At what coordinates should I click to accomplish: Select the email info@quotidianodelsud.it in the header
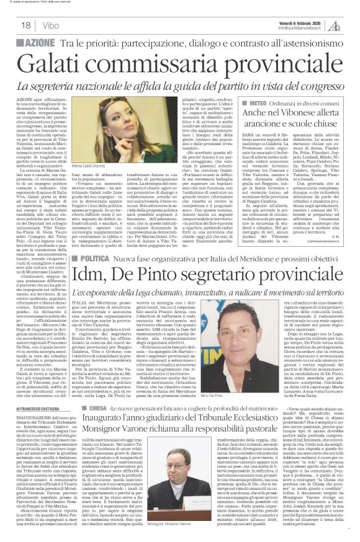click(x=306, y=28)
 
